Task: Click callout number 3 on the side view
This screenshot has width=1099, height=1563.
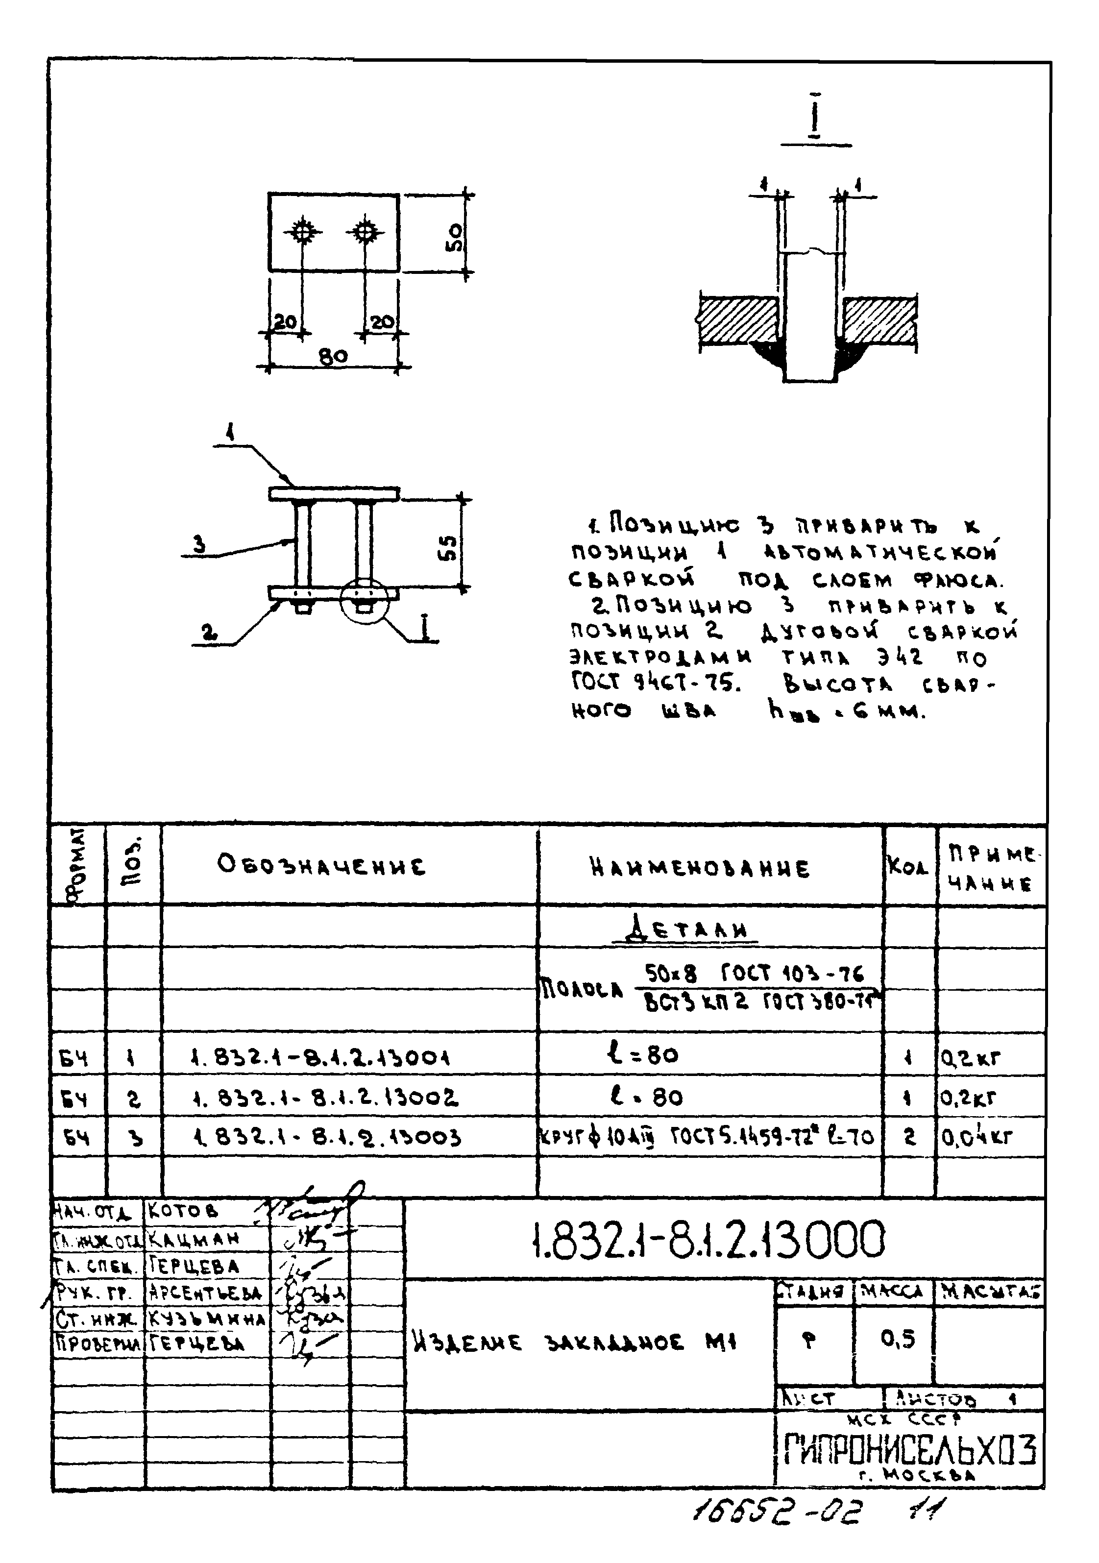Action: click(199, 544)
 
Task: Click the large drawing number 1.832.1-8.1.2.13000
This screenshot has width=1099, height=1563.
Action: click(708, 1239)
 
